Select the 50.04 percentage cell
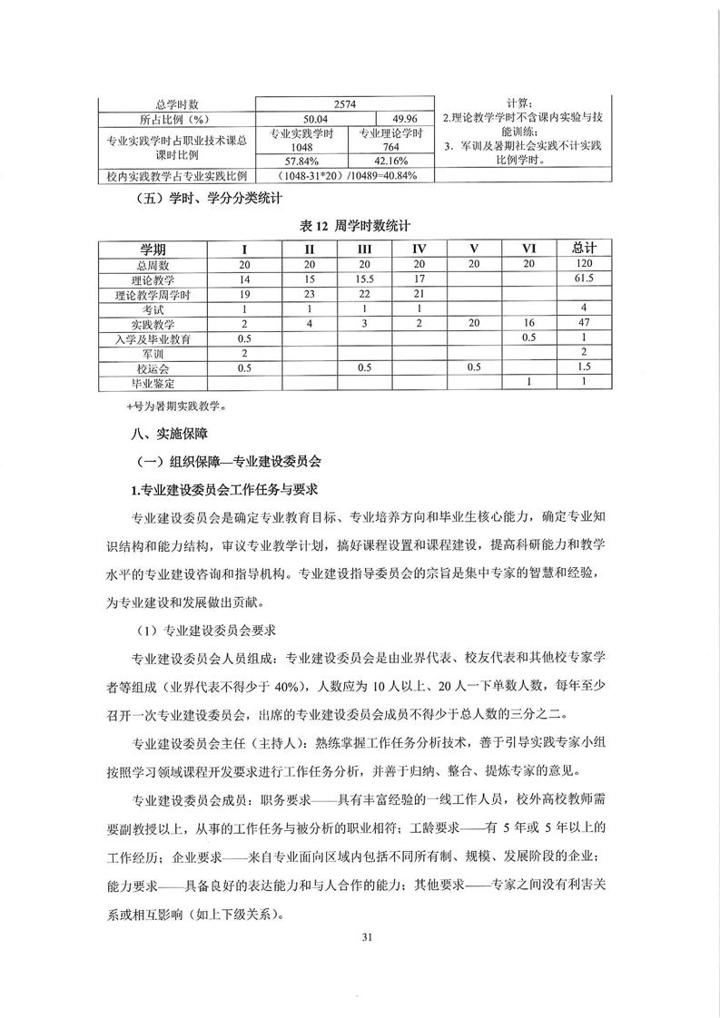pyautogui.click(x=299, y=118)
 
